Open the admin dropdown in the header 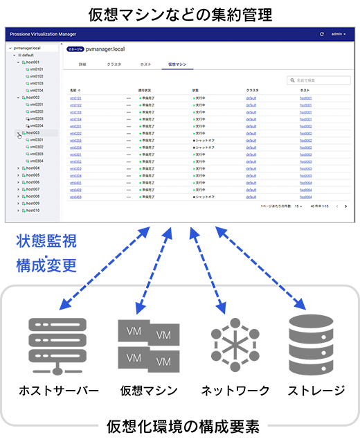click(x=340, y=34)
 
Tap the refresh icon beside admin click(x=321, y=34)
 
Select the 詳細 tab click(x=82, y=64)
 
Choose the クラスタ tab click(x=114, y=64)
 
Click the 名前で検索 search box click(x=320, y=81)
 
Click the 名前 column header click(x=74, y=90)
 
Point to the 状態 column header click(x=195, y=90)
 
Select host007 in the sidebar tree click(x=33, y=189)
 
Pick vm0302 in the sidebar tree click(x=36, y=147)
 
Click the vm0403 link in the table click(x=75, y=197)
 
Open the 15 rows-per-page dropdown click(x=299, y=206)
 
